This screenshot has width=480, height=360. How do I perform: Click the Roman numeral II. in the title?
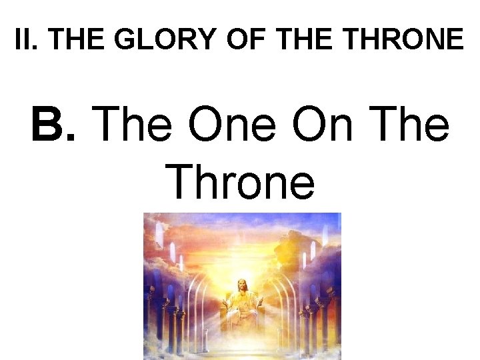(25, 40)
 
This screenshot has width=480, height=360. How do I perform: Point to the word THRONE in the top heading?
(405, 40)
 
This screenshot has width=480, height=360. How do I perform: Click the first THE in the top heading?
(77, 40)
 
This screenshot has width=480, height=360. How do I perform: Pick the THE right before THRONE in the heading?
(309, 40)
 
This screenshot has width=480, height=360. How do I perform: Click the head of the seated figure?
(242, 285)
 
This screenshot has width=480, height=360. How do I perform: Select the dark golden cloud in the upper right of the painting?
(293, 250)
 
